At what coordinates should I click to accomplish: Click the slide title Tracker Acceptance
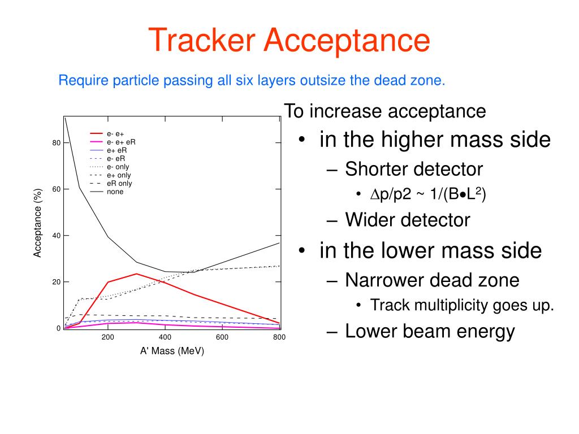point(289,40)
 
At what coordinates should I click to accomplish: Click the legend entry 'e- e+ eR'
point(121,142)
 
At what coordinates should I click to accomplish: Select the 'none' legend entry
point(115,192)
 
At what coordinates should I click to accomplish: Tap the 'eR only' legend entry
point(119,184)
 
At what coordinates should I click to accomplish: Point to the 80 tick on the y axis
point(56,143)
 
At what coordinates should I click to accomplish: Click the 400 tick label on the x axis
point(165,337)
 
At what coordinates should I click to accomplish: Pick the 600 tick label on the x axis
point(222,337)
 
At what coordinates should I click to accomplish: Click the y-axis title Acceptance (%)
point(38,223)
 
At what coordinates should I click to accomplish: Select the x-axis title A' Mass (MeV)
point(172,351)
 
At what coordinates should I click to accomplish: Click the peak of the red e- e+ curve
point(136,274)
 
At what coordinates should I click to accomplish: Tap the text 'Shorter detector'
point(414,168)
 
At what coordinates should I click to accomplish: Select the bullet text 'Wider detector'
point(407,219)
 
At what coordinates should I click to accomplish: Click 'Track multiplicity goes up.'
point(462,306)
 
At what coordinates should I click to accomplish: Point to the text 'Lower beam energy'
point(430,331)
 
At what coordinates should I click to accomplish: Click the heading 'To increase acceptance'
point(384,111)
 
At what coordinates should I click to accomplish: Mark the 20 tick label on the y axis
point(56,282)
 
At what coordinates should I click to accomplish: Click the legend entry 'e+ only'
point(118,175)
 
